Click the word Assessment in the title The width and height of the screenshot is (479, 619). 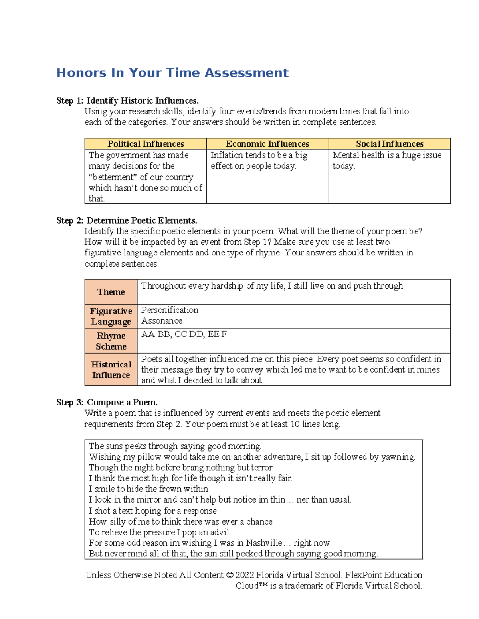point(246,73)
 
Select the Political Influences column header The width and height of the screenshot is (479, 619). point(146,144)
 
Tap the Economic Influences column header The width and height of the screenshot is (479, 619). point(267,144)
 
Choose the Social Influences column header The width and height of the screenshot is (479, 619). point(390,144)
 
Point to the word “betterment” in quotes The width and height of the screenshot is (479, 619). point(113,177)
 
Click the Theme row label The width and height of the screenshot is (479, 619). point(111,292)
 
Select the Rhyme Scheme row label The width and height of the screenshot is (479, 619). point(111,341)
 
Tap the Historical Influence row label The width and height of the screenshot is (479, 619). point(111,369)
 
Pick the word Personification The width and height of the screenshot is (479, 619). point(170,310)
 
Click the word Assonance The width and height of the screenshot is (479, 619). point(162,320)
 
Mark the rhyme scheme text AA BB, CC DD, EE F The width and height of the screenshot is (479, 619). point(184,334)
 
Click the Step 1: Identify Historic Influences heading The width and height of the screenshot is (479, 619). point(127,100)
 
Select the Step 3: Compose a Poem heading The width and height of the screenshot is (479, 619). point(107,402)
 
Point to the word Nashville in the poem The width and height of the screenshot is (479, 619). point(264,543)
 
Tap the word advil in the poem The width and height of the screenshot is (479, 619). point(220,532)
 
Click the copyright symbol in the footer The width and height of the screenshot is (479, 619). point(229,575)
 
